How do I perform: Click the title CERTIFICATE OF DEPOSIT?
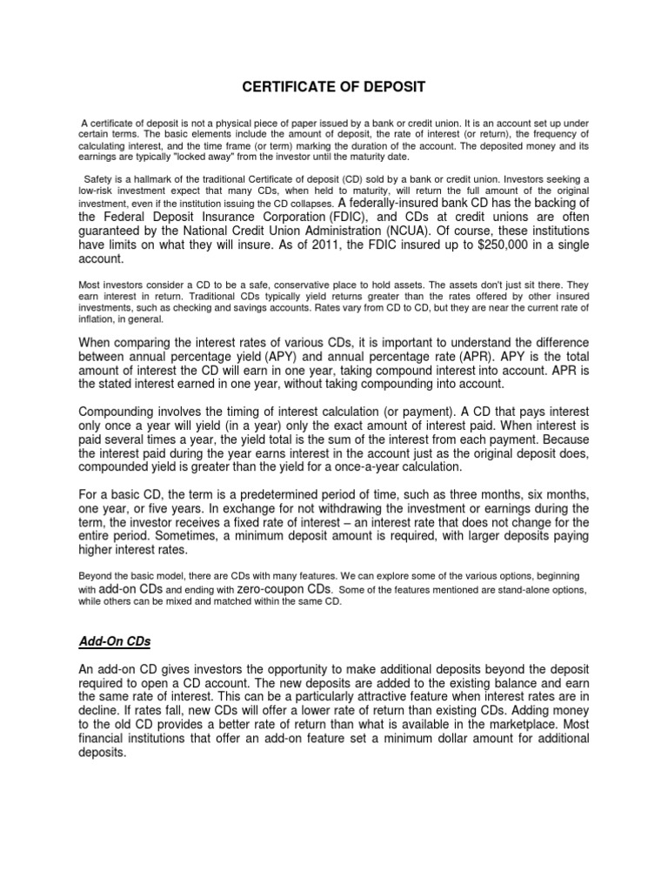coord(334,87)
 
